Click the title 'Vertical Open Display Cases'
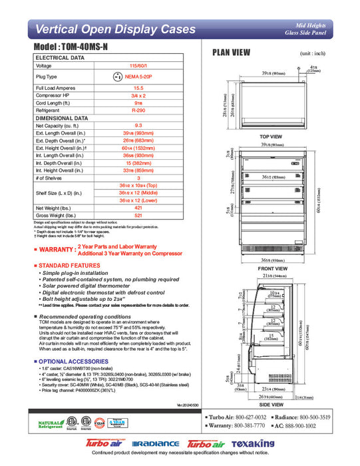point(114,29)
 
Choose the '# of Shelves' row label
point(51,178)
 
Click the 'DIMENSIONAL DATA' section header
point(64,118)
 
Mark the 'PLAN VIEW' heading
point(231,52)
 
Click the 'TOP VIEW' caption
point(271,137)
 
